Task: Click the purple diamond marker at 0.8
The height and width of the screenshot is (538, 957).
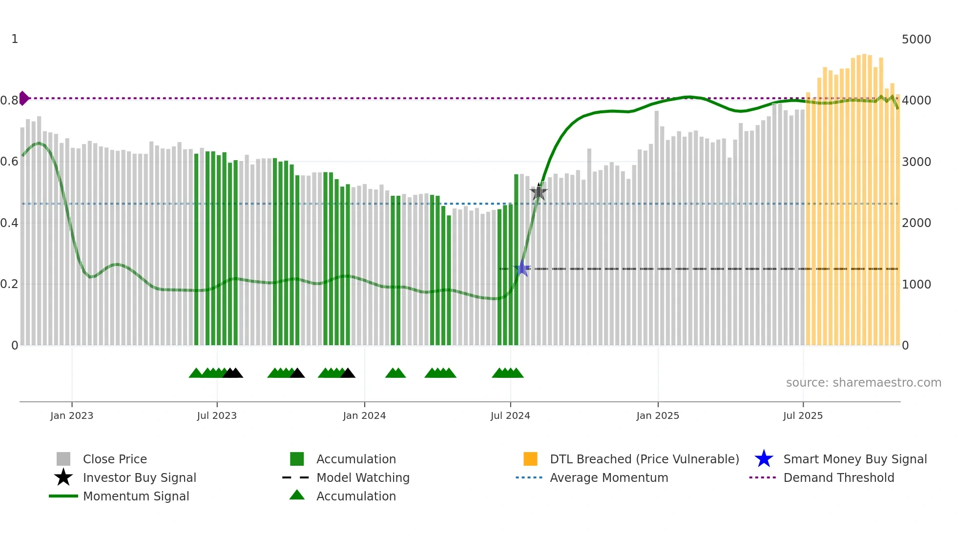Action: pyautogui.click(x=23, y=98)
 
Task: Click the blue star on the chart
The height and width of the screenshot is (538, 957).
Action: pyautogui.click(x=522, y=269)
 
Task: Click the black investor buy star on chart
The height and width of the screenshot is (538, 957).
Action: pyautogui.click(x=539, y=192)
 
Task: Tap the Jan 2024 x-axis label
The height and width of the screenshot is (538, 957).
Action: pyautogui.click(x=364, y=415)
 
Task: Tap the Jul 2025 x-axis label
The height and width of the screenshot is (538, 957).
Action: pyautogui.click(x=803, y=415)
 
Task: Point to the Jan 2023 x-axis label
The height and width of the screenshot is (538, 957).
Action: pyautogui.click(x=72, y=415)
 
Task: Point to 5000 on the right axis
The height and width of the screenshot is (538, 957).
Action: pyautogui.click(x=916, y=40)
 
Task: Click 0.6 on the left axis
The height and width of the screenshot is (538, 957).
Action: pyautogui.click(x=10, y=162)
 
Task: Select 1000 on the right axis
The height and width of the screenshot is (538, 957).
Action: pyautogui.click(x=916, y=285)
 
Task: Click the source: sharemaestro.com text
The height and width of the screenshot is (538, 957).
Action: pyautogui.click(x=863, y=383)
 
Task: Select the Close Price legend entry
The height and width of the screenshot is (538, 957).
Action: pyautogui.click(x=114, y=459)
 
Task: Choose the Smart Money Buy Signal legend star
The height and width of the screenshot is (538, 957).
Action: pyautogui.click(x=764, y=459)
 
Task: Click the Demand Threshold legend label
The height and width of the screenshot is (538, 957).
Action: pyautogui.click(x=838, y=477)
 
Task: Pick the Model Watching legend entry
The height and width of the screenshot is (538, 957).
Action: pyautogui.click(x=362, y=477)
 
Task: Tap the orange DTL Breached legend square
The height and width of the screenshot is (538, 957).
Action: pyautogui.click(x=530, y=459)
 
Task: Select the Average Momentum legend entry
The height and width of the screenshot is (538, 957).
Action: pyautogui.click(x=608, y=477)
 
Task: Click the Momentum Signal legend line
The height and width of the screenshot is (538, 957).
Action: pyautogui.click(x=63, y=496)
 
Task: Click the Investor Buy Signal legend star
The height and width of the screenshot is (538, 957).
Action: pyautogui.click(x=63, y=477)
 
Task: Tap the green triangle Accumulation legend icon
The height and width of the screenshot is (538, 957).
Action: pyautogui.click(x=297, y=496)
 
